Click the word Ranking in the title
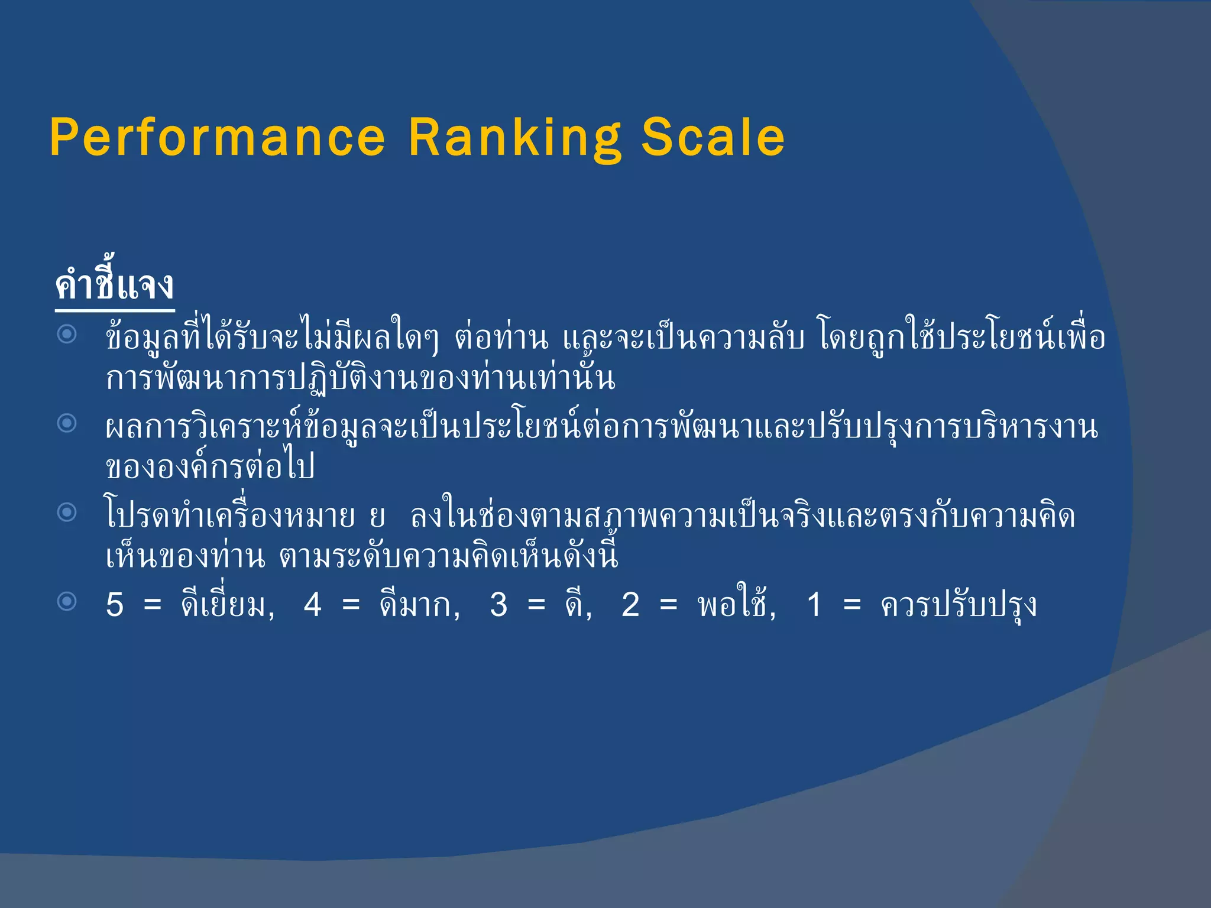[514, 138]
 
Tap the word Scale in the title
[713, 137]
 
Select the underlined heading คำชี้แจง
[115, 286]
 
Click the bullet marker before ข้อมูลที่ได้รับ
[67, 335]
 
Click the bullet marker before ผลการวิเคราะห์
[67, 423]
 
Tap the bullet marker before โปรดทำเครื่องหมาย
[67, 512]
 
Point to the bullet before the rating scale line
[67, 602]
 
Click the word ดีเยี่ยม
[225, 604]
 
